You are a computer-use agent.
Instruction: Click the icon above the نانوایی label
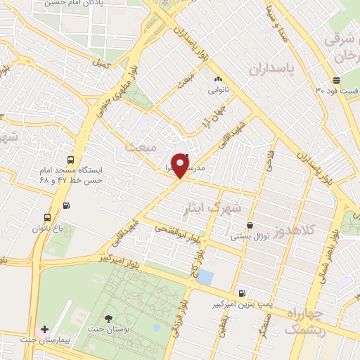pos(217,79)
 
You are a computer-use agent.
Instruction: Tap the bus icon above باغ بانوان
pos(47,217)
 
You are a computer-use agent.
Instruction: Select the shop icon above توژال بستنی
pos(249,226)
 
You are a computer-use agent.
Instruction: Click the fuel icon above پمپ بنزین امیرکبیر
pos(242,293)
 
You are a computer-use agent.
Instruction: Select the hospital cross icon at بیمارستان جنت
pos(44,328)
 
